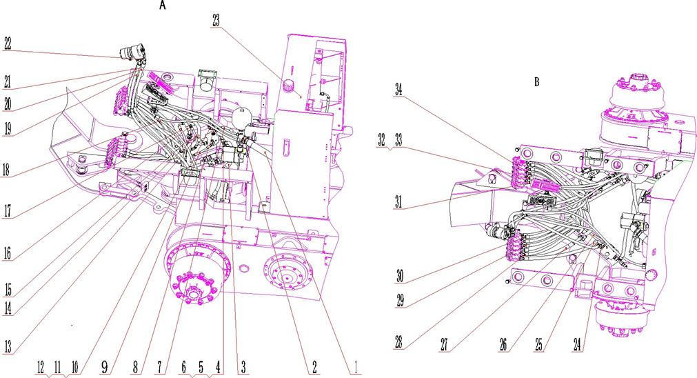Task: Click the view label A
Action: pyautogui.click(x=163, y=6)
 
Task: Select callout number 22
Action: pyautogui.click(x=8, y=43)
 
